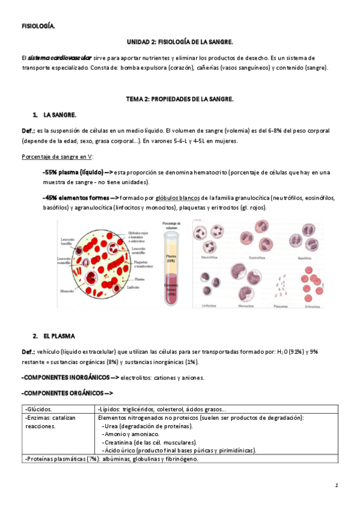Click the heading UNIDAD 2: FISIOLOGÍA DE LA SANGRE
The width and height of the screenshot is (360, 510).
pyautogui.click(x=180, y=42)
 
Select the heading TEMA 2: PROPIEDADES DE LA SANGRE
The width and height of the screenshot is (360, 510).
pyautogui.click(x=180, y=98)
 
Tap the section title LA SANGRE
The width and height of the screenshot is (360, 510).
pyautogui.click(x=59, y=114)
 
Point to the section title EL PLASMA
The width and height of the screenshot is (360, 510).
pyautogui.click(x=63, y=334)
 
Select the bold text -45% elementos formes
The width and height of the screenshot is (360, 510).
pyautogui.click(x=75, y=197)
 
